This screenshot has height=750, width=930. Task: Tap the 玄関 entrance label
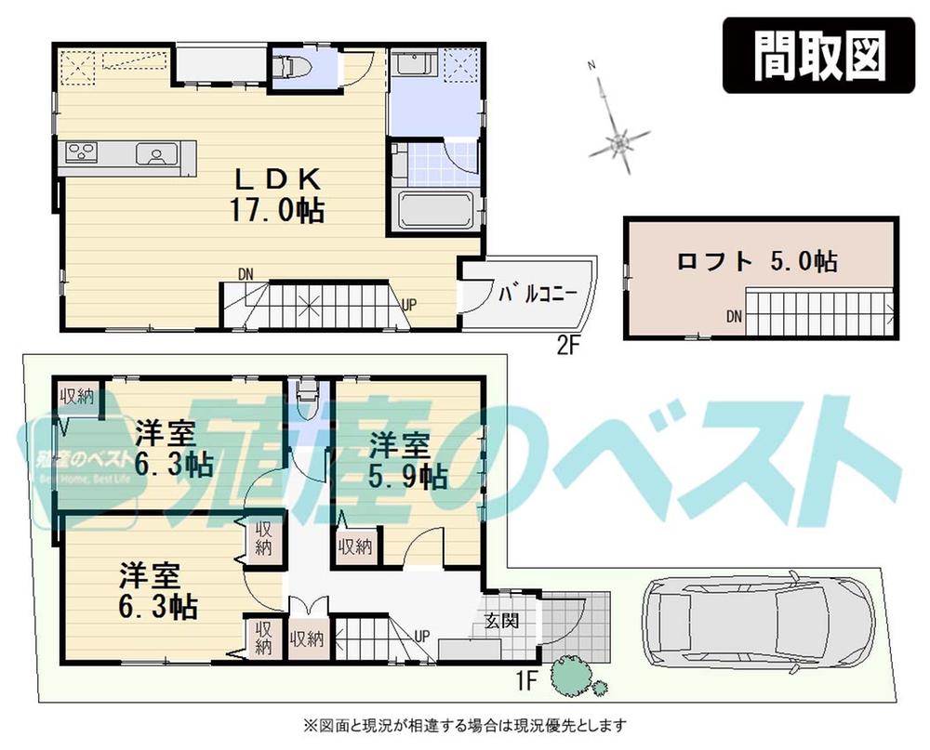pyautogui.click(x=501, y=620)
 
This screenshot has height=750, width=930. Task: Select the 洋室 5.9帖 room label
pyautogui.click(x=407, y=460)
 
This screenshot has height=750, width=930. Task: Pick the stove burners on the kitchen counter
pyautogui.click(x=81, y=153)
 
